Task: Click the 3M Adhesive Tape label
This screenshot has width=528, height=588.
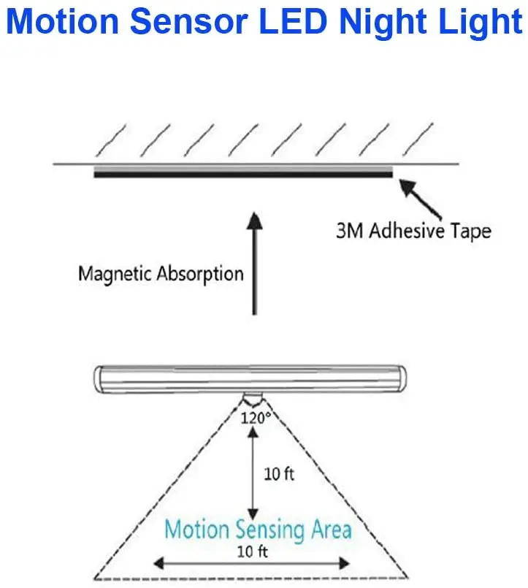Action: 413,232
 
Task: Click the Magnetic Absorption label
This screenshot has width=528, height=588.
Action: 161,275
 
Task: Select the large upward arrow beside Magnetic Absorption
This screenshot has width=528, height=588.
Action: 253,263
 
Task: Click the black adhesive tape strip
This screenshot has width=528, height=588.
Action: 243,174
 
